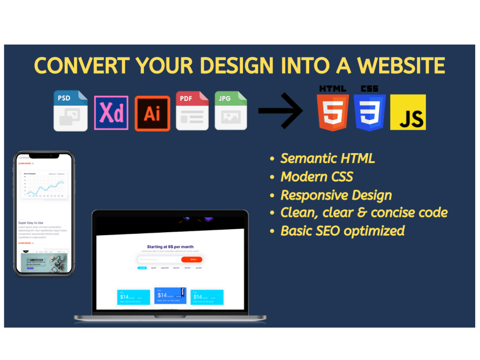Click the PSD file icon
tap(71, 110)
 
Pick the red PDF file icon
tap(192, 110)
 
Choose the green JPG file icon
tap(230, 110)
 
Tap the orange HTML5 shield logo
tap(332, 112)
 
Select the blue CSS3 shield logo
tap(370, 112)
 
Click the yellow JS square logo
tap(408, 112)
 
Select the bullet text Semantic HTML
tap(327, 158)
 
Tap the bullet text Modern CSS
tap(317, 177)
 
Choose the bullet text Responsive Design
tap(336, 195)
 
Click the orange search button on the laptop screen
tap(192, 260)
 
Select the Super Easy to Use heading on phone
tap(31, 223)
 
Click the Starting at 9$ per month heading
tap(170, 247)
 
